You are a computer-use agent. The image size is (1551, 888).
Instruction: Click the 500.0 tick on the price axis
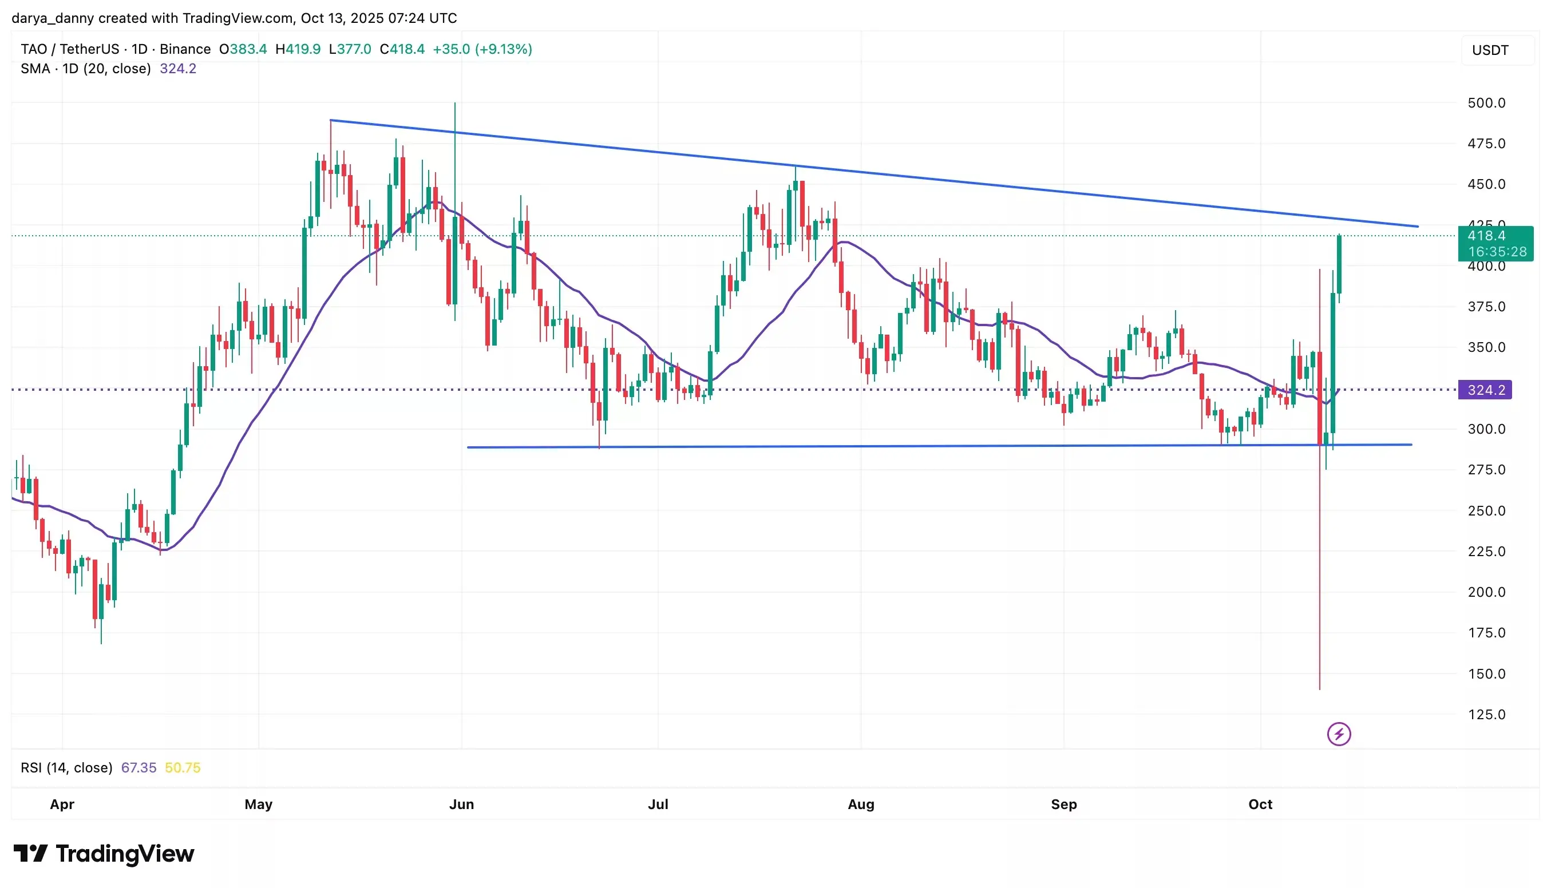tap(1486, 103)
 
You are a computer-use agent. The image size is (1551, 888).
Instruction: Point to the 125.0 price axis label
tap(1486, 714)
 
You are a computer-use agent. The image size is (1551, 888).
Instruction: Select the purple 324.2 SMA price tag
tap(1485, 390)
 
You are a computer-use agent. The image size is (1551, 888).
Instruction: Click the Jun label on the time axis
tap(461, 804)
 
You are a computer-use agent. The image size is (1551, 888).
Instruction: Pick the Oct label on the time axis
tap(1260, 804)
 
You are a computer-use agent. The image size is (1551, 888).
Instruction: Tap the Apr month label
tap(62, 804)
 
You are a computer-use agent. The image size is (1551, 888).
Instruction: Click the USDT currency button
tap(1489, 50)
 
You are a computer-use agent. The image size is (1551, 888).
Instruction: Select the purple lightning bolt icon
tap(1338, 734)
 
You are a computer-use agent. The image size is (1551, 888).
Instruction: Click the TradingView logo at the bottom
tap(104, 853)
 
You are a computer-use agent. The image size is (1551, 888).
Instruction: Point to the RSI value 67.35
tap(139, 767)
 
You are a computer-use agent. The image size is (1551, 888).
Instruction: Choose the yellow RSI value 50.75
tap(183, 767)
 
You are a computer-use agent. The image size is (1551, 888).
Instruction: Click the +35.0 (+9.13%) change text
tap(482, 49)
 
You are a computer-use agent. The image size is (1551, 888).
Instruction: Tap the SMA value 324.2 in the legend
tap(177, 68)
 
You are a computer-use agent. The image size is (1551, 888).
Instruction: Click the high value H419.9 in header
tap(298, 49)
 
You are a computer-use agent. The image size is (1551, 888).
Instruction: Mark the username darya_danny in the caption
tap(53, 18)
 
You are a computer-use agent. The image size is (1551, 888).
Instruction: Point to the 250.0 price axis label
tap(1486, 510)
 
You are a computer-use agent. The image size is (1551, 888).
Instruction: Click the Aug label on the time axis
tap(861, 804)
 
